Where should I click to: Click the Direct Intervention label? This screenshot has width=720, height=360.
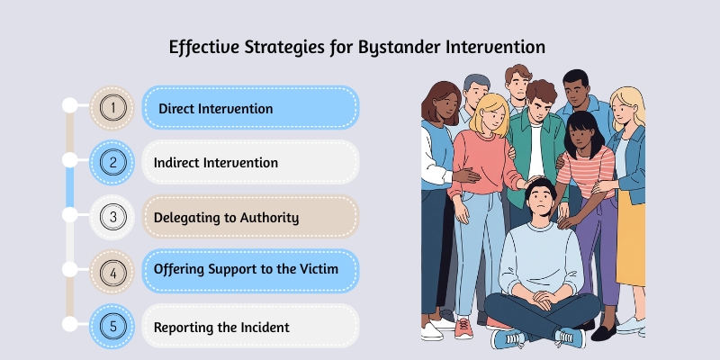[215, 109]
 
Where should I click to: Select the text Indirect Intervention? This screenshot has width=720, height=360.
[215, 163]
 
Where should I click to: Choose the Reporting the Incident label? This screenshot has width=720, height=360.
[222, 326]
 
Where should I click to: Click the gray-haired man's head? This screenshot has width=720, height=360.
[475, 90]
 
